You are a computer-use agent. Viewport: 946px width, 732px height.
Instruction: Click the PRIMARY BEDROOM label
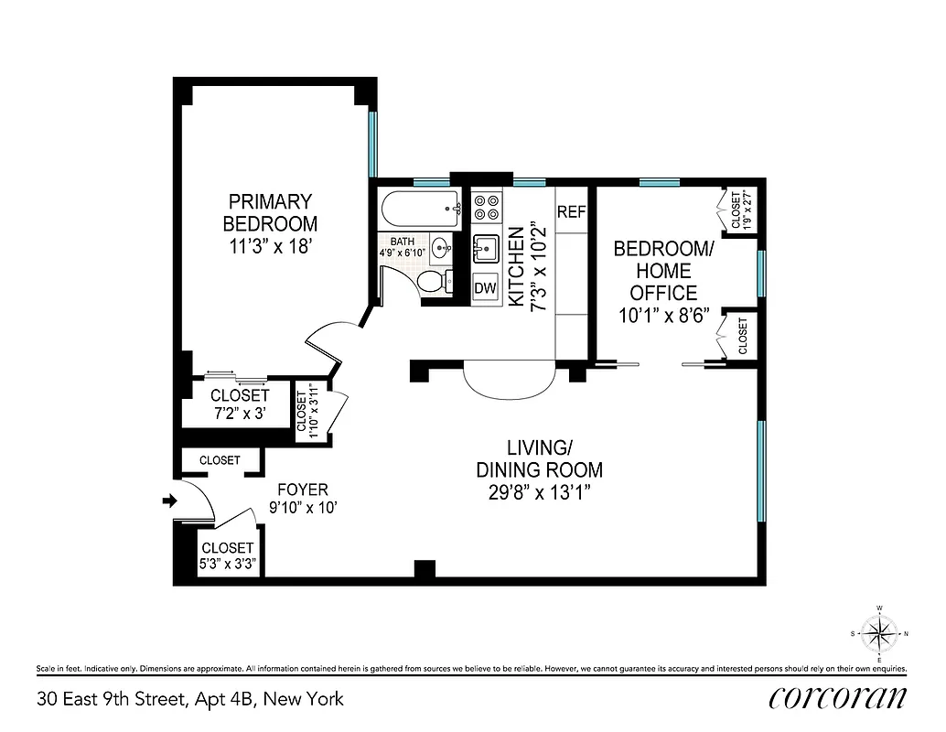tap(270, 211)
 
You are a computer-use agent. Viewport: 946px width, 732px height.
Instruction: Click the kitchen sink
tap(486, 247)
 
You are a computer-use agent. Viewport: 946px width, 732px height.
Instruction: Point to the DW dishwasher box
tap(485, 286)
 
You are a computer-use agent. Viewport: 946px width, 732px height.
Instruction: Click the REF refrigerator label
tap(571, 211)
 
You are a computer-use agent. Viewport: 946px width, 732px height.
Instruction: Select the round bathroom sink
tap(442, 247)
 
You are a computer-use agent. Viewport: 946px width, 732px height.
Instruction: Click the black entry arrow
tap(168, 500)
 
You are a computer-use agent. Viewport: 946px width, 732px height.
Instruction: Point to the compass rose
tap(879, 633)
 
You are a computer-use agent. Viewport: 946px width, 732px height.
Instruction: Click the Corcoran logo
tap(839, 697)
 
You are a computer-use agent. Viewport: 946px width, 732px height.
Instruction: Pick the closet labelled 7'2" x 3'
tap(240, 404)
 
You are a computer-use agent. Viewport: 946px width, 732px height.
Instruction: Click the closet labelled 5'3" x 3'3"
tap(228, 555)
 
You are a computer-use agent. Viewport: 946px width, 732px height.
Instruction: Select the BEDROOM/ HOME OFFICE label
tap(661, 271)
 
